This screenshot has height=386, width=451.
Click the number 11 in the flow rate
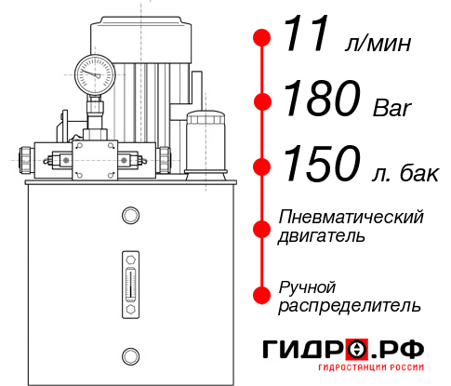307,37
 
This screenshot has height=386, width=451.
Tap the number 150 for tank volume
322,166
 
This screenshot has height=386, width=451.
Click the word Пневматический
352,217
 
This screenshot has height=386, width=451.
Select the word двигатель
322,236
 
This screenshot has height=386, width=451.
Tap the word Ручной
308,286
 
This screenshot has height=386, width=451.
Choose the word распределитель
350,305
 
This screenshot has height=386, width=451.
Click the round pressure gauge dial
94,72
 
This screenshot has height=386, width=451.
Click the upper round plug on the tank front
129,216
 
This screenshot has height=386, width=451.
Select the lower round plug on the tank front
129,353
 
